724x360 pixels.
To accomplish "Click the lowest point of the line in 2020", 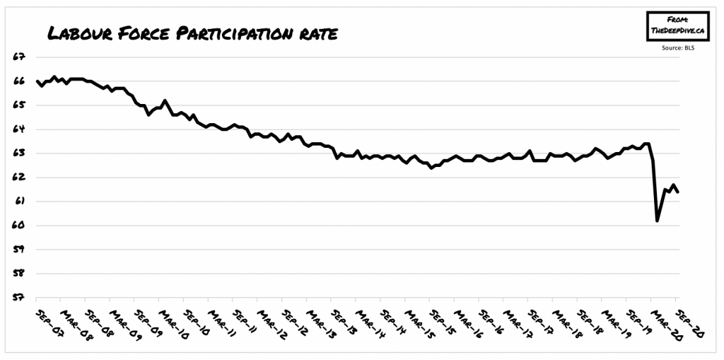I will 658,221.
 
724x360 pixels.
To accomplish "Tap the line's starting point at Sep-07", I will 37,81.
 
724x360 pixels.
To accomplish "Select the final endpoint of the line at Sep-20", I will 679,192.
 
